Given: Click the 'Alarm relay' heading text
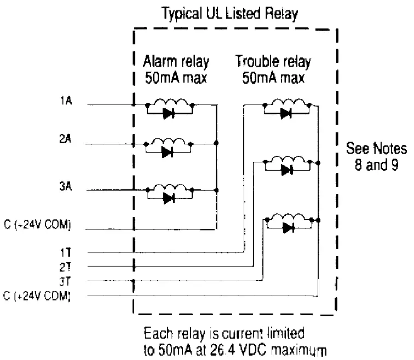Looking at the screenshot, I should (x=176, y=61).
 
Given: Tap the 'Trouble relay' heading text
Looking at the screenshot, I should (x=273, y=61).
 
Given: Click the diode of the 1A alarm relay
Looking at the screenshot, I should (x=169, y=114).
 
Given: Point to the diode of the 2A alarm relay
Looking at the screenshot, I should (x=168, y=153).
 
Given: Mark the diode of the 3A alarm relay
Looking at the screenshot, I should (x=169, y=198).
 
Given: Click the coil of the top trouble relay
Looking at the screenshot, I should (x=286, y=103).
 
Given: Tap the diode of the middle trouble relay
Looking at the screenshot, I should (x=285, y=170).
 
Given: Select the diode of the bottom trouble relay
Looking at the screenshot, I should (x=288, y=227).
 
